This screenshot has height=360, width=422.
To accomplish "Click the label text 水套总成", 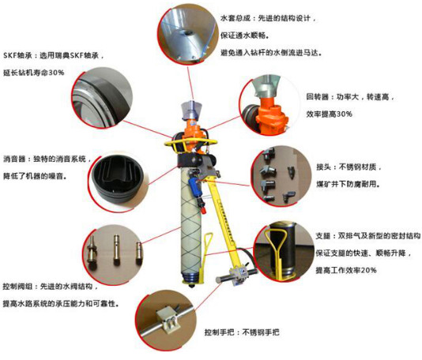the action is [235, 18].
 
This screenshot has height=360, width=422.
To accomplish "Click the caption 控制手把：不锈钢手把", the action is [242, 332].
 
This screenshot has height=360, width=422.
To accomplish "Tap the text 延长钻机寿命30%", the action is [34, 73].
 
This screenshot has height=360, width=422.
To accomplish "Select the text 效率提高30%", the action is [329, 114].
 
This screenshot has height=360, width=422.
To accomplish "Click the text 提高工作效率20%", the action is [346, 270].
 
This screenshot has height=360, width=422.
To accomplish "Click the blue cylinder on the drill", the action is [194, 186].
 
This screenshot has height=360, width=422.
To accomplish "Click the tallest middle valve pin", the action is [116, 249].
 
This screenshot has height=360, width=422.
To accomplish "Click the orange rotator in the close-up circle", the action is [271, 115].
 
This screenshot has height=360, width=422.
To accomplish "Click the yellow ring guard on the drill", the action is [190, 142].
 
